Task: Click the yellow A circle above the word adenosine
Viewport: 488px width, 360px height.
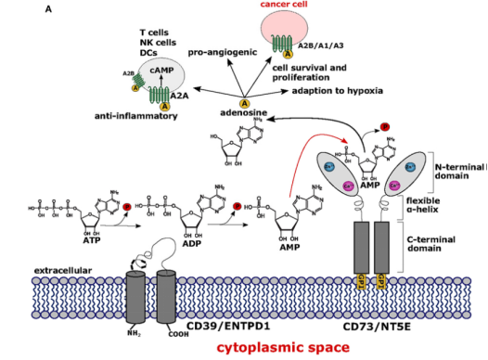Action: (x=246, y=104)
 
